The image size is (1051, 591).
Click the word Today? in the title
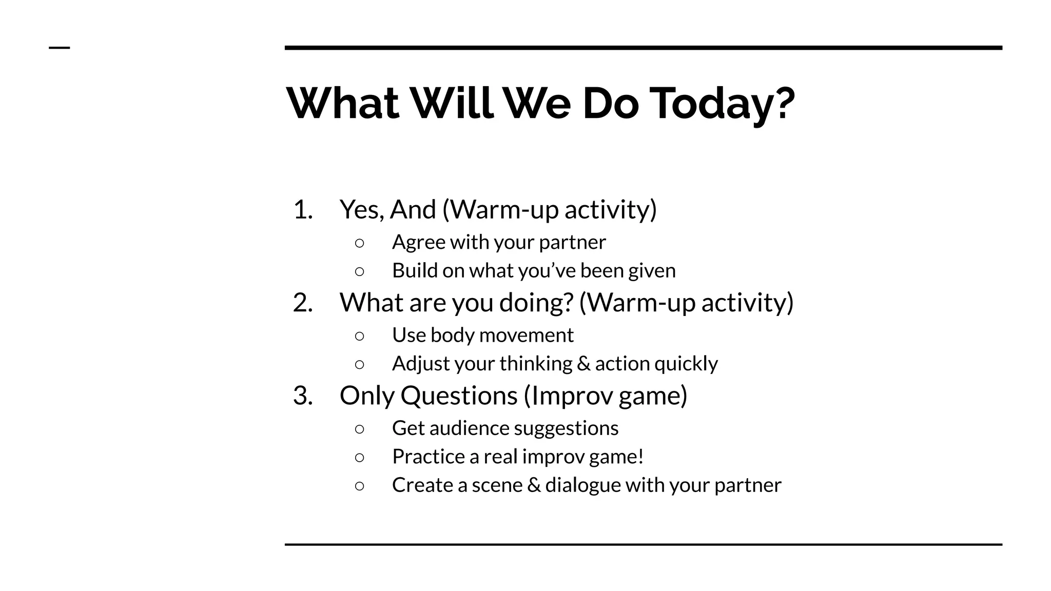click(722, 104)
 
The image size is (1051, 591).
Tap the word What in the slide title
click(342, 104)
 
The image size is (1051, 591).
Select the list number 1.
click(302, 210)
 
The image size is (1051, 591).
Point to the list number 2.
click(302, 303)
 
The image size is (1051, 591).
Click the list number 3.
click(302, 396)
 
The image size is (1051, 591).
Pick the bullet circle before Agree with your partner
click(359, 243)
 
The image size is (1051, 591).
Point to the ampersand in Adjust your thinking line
click(583, 364)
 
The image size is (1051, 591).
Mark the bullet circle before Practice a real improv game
click(359, 457)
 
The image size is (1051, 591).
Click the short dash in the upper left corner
click(59, 48)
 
